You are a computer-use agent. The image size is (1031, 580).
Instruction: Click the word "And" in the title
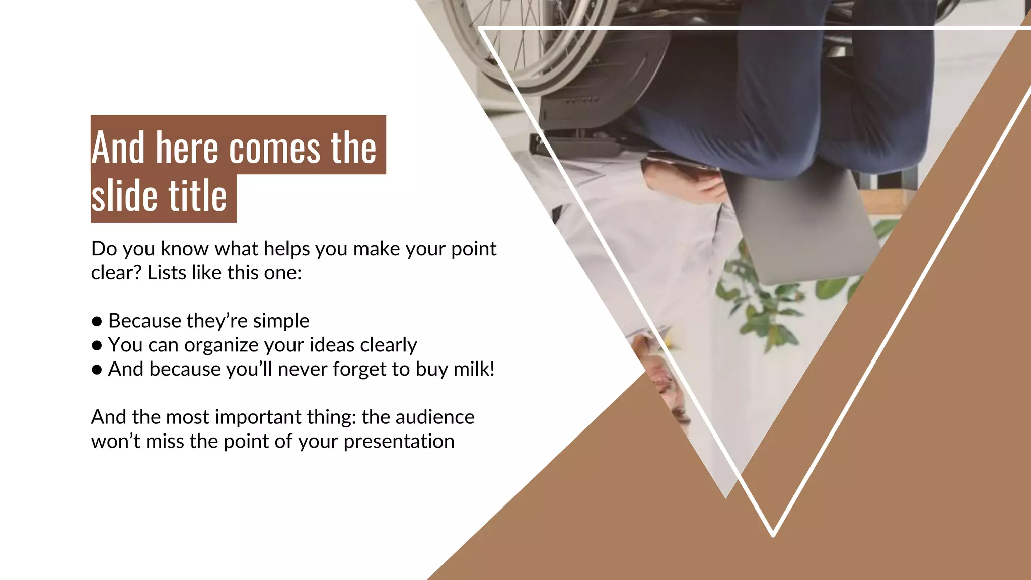[x=118, y=148]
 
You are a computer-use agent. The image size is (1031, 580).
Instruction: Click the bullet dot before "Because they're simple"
[x=97, y=322]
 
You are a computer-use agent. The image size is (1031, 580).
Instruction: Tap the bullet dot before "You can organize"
[x=97, y=346]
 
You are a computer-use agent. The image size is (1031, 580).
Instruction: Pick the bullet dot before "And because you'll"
[x=97, y=370]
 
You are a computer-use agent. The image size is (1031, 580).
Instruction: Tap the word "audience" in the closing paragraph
[x=434, y=417]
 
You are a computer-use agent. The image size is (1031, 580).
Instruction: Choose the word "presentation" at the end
[x=399, y=442]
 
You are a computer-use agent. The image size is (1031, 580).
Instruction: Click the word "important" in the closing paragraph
[x=258, y=417]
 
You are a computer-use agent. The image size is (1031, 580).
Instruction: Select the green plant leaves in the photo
[x=765, y=297]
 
